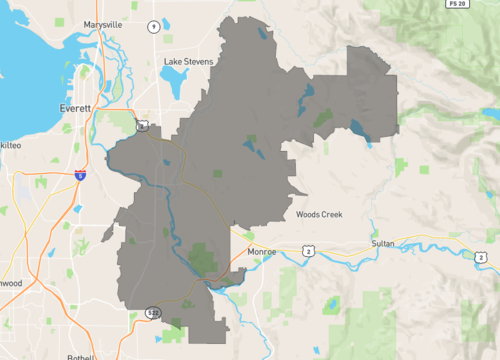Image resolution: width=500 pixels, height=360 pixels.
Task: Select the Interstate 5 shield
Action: [x=79, y=175]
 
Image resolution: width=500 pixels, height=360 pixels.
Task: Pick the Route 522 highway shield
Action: [x=152, y=313]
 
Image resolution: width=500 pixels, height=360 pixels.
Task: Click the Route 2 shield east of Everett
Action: [x=144, y=126]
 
